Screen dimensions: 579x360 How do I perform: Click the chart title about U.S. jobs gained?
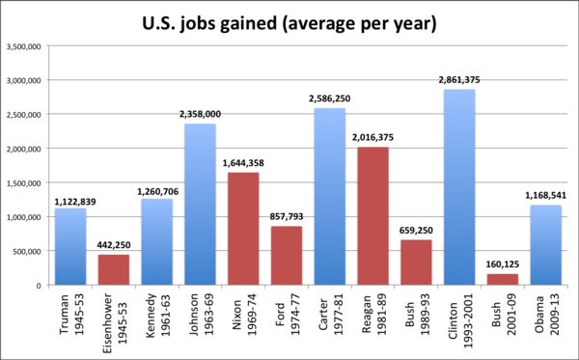tap(289, 23)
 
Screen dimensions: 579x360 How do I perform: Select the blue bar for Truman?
tap(70, 247)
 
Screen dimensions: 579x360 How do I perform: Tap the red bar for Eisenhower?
tap(114, 270)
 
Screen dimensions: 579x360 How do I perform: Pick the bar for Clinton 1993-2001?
tap(459, 187)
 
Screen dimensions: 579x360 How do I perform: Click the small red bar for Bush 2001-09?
tap(503, 280)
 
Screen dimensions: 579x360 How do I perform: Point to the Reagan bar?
tap(372, 216)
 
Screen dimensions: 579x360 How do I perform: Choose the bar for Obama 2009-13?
tap(546, 245)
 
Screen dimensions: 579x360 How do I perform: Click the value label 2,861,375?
tap(459, 80)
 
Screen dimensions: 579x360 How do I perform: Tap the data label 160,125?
tap(503, 264)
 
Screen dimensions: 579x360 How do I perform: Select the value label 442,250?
tap(114, 245)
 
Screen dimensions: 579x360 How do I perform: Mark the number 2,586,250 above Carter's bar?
tap(330, 98)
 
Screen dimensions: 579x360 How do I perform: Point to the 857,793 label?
tap(287, 216)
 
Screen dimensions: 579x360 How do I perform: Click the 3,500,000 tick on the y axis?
tap(23, 46)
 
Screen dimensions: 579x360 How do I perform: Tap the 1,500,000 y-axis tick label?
tap(23, 183)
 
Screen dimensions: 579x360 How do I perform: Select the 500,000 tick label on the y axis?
tap(27, 252)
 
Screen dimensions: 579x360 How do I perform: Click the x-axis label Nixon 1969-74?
tap(243, 318)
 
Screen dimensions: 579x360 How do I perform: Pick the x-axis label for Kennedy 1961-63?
tap(157, 316)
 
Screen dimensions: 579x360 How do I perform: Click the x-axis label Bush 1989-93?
tap(416, 315)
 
